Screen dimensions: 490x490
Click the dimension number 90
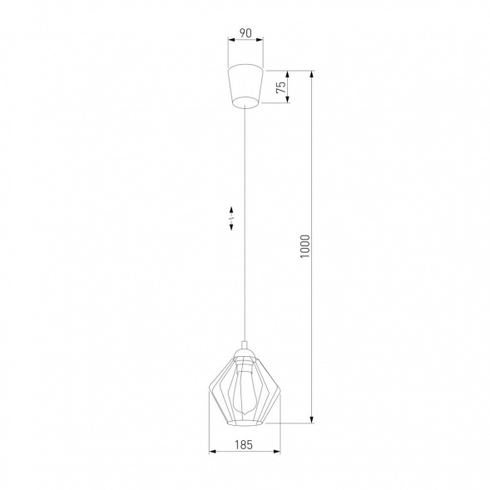(x=245, y=34)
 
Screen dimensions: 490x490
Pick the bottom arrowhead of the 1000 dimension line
(x=312, y=420)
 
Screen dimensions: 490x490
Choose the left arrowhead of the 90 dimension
(x=230, y=42)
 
